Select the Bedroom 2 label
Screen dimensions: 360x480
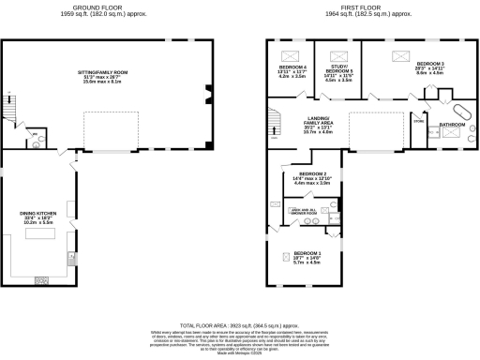point(313,178)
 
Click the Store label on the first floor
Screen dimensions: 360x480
point(418,121)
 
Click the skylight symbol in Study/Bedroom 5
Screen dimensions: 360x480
point(338,55)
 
